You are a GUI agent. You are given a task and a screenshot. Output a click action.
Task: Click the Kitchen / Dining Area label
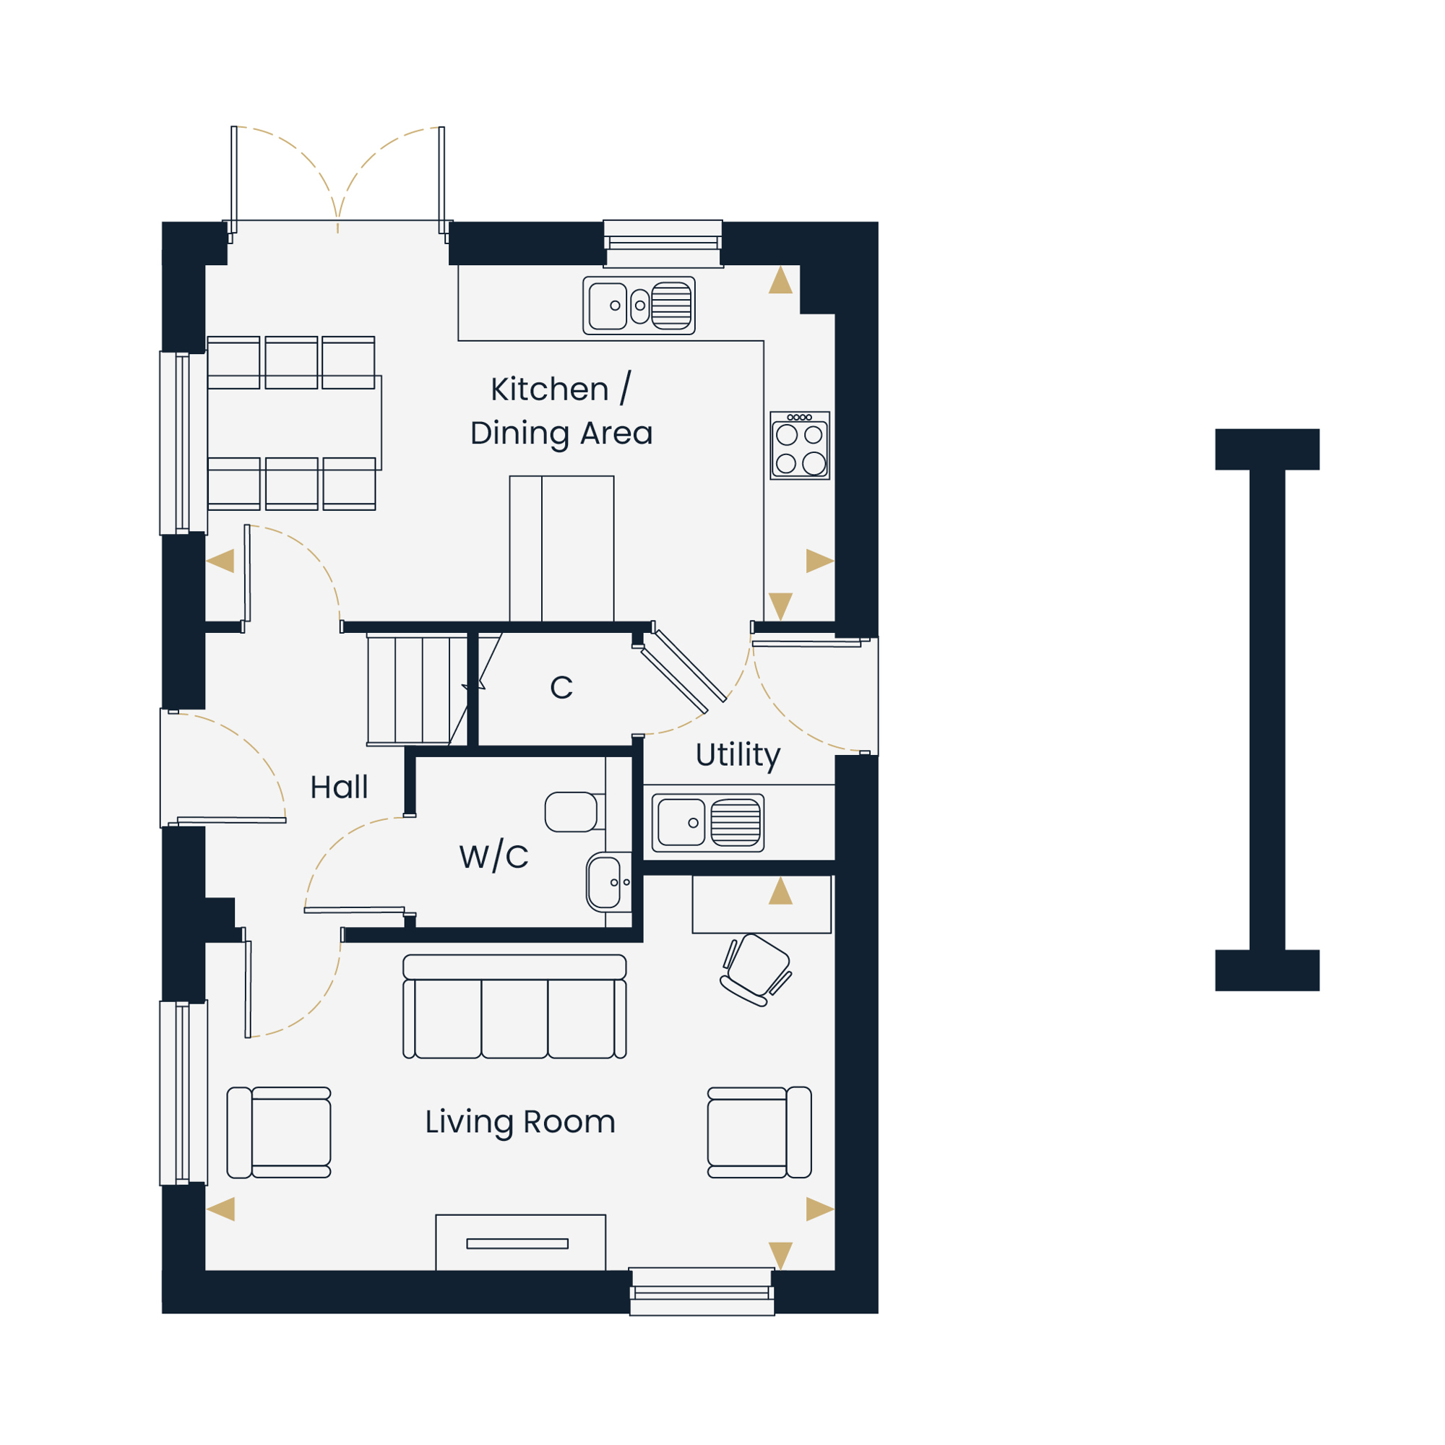pyautogui.click(x=561, y=410)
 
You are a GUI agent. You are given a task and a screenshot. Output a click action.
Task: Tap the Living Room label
pyautogui.click(x=519, y=1123)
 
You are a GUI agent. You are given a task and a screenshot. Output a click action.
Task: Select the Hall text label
pyautogui.click(x=339, y=787)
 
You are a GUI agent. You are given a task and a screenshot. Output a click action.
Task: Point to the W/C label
pyautogui.click(x=493, y=856)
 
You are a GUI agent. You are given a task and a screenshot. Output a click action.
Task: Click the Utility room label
pyautogui.click(x=738, y=756)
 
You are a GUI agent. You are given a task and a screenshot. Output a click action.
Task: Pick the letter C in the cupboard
pyautogui.click(x=561, y=687)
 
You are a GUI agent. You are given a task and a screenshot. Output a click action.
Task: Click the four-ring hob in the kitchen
pyautogui.click(x=800, y=445)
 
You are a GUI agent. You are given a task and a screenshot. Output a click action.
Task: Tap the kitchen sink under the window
pyautogui.click(x=639, y=305)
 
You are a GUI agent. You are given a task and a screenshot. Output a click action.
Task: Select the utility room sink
pyautogui.click(x=707, y=823)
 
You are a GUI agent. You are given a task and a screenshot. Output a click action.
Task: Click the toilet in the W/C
pyautogui.click(x=574, y=812)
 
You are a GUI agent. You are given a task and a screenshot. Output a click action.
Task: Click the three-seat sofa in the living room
pyautogui.click(x=514, y=1006)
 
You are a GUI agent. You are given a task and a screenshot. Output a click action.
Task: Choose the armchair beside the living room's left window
pyautogui.click(x=279, y=1132)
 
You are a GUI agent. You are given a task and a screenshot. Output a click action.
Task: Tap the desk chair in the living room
pyautogui.click(x=756, y=970)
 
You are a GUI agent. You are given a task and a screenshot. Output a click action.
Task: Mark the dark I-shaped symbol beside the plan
pyautogui.click(x=1267, y=709)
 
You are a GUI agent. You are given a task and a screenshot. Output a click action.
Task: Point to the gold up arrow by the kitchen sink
pyautogui.click(x=780, y=280)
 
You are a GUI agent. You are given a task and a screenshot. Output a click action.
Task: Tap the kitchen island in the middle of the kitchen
pyautogui.click(x=561, y=548)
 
